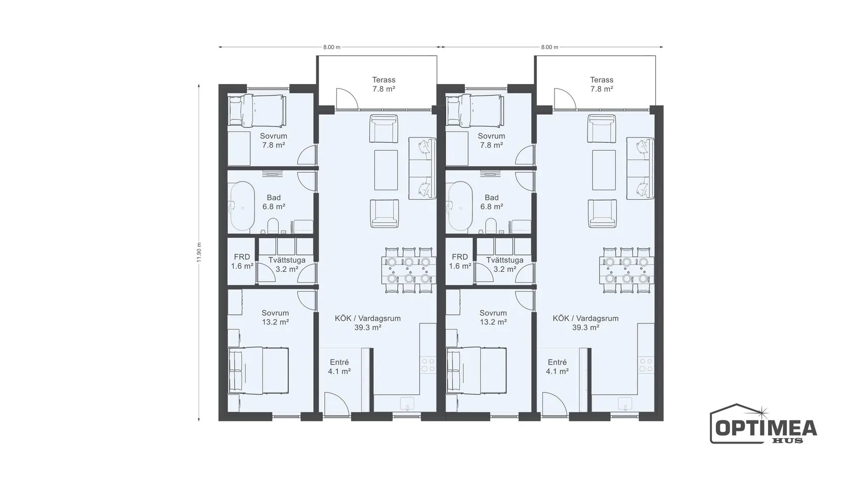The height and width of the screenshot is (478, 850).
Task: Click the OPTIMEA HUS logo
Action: click(763, 424)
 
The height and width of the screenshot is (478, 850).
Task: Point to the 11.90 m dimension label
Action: click(199, 252)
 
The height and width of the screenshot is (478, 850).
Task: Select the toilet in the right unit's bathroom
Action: click(491, 226)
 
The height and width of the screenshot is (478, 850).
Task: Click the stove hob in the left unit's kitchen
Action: click(428, 365)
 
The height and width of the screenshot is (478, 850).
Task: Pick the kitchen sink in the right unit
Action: click(625, 404)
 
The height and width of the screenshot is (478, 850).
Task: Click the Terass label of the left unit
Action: click(384, 80)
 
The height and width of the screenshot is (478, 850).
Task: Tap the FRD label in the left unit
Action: click(242, 257)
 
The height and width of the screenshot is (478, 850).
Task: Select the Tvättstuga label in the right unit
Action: click(505, 260)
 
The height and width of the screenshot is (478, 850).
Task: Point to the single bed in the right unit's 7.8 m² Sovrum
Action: click(476, 110)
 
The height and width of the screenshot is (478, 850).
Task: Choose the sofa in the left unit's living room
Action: click(422, 168)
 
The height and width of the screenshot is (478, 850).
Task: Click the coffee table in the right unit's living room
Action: click(604, 170)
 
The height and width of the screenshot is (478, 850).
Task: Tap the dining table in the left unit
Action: click(409, 270)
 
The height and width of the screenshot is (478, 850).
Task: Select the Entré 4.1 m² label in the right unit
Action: click(557, 367)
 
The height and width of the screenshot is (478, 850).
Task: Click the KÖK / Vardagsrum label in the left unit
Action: click(368, 318)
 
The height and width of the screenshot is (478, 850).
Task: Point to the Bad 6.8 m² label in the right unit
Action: click(491, 202)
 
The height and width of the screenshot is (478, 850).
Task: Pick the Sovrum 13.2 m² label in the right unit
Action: click(493, 318)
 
